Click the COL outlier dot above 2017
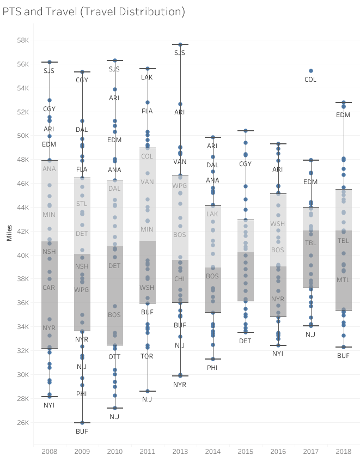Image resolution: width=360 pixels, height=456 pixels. (x=310, y=71)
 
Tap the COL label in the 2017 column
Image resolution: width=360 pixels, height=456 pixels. (x=310, y=80)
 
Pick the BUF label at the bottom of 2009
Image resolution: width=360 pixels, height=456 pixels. (x=82, y=431)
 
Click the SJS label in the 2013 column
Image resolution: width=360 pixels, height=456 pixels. (x=180, y=53)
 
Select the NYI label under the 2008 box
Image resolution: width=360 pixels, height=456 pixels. (x=49, y=405)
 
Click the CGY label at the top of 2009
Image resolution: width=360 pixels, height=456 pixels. (x=82, y=80)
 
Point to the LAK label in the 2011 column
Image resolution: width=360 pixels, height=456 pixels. (x=147, y=77)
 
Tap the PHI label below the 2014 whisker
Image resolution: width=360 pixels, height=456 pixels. (x=212, y=367)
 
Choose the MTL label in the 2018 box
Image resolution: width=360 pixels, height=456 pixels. (x=343, y=280)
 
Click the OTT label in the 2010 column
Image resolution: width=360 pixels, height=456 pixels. (x=114, y=356)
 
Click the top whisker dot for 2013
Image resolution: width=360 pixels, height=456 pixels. (x=180, y=45)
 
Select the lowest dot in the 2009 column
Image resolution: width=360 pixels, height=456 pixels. (x=82, y=423)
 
